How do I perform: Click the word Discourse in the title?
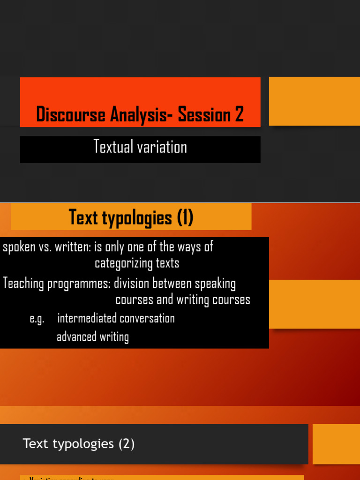[x=71, y=114]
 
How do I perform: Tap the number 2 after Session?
[x=239, y=114]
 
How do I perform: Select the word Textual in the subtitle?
[x=112, y=147]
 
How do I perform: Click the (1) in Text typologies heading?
[x=185, y=217]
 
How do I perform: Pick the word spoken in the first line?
[x=19, y=247]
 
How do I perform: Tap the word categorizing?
[x=123, y=263]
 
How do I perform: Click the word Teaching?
[x=23, y=284]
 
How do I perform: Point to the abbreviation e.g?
[x=37, y=319]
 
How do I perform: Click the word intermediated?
[x=87, y=318]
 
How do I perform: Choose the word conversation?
[x=147, y=318]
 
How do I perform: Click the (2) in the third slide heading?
[x=126, y=443]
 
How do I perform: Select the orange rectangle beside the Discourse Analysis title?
[x=314, y=101]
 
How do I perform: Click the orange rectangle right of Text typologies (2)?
[x=336, y=444]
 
